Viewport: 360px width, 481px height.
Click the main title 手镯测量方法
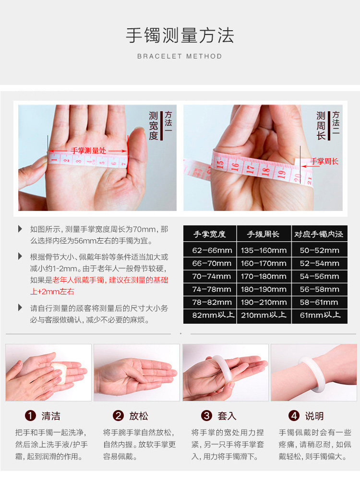click(180, 35)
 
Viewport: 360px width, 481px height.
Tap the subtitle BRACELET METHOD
click(180, 57)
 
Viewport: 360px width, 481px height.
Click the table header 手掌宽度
click(209, 235)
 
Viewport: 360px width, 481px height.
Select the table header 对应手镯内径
click(319, 235)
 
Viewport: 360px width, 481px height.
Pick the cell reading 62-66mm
click(212, 250)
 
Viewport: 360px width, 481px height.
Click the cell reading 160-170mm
click(264, 263)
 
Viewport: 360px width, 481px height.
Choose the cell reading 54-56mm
click(320, 276)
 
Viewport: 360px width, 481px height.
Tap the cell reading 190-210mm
click(264, 302)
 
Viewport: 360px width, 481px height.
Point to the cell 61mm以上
click(320, 315)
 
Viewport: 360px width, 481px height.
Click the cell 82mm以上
click(213, 315)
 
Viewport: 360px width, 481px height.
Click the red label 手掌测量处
click(88, 151)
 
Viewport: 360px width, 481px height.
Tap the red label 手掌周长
click(324, 161)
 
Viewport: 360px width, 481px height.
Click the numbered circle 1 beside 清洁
click(30, 416)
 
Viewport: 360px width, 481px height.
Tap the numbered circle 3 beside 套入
click(206, 416)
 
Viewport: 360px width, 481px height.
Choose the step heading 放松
click(139, 416)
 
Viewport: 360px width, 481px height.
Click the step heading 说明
click(314, 416)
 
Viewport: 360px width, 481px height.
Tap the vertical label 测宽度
click(153, 126)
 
